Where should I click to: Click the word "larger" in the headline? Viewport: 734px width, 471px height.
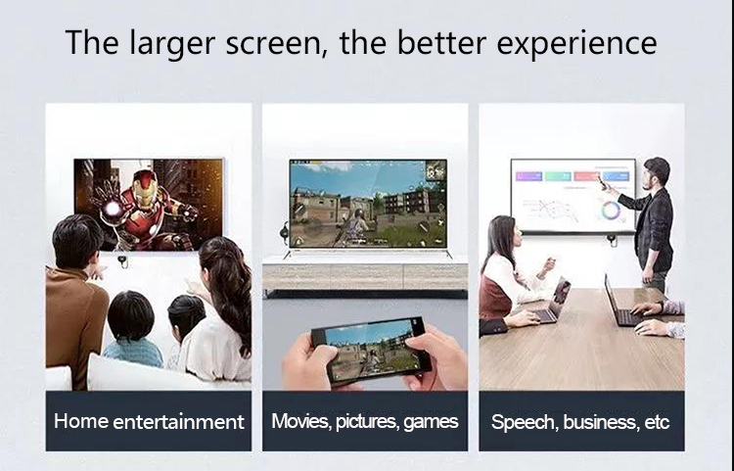(172, 43)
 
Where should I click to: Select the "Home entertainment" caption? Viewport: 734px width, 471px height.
(149, 421)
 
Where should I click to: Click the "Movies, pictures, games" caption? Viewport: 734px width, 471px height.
(365, 421)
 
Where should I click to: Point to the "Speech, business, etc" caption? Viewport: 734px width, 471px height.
(580, 422)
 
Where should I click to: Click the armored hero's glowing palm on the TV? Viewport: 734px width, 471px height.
(112, 208)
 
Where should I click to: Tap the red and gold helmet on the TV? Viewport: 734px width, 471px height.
(144, 189)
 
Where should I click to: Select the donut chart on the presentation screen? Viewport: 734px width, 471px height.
(611, 211)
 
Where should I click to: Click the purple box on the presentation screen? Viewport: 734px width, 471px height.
(528, 176)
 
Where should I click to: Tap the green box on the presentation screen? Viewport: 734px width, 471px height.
(558, 176)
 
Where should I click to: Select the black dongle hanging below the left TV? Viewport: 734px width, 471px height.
(122, 260)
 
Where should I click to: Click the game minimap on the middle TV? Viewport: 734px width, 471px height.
(436, 170)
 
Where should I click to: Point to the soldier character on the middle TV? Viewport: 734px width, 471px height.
(357, 226)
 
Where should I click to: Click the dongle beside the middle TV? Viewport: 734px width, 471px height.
(284, 231)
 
